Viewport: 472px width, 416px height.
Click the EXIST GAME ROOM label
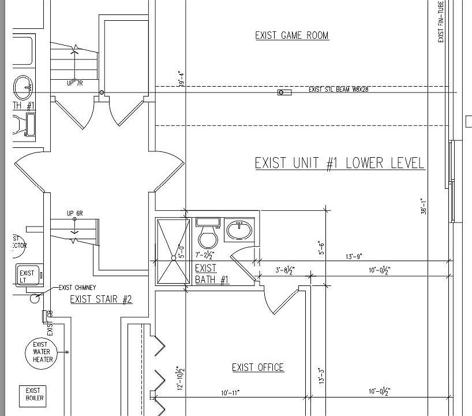coord(292,36)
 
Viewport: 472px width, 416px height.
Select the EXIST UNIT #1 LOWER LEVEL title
coord(340,164)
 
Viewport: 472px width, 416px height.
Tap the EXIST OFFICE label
coord(258,367)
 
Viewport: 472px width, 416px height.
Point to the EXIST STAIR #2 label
coord(101,299)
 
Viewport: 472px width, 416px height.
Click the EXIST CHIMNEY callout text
coord(77,287)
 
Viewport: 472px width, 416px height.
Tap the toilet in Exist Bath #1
coord(207,234)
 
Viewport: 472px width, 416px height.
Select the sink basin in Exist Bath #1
coord(238,231)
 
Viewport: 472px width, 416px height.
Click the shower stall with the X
coord(173,252)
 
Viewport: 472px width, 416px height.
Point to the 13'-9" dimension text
coord(354,257)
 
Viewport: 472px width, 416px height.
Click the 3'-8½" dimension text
coord(284,270)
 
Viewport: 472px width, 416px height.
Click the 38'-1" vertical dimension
coord(424,206)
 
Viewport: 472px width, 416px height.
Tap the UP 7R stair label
coord(75,83)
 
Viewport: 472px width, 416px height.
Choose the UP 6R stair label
coord(74,214)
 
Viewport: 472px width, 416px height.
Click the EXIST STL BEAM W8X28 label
coord(338,90)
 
